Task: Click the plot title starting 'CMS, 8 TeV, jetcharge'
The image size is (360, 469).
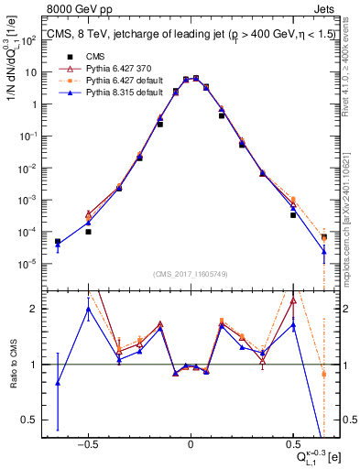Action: (183, 38)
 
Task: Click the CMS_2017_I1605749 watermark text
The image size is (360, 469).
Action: (191, 274)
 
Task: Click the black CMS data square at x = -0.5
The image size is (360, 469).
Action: (88, 232)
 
